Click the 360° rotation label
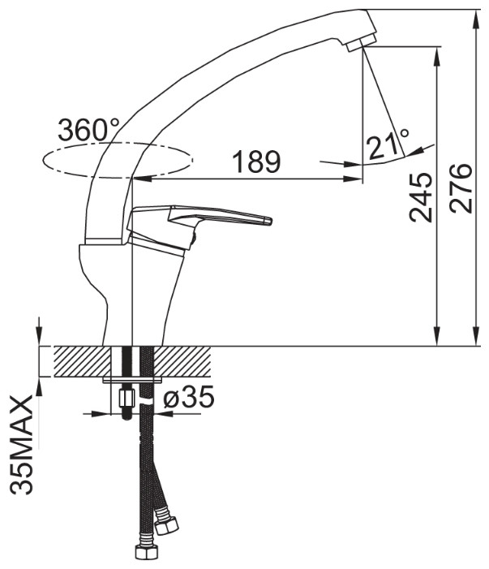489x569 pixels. [x=88, y=130]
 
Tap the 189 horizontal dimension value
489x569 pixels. [x=256, y=162]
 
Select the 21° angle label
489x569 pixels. [x=388, y=144]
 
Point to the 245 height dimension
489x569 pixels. [x=421, y=197]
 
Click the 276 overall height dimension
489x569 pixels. [x=461, y=188]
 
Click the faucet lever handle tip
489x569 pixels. [x=268, y=221]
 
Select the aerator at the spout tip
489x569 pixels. [x=361, y=42]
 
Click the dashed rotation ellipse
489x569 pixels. [x=117, y=160]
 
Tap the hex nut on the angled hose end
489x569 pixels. [x=166, y=521]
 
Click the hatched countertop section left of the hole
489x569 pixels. [x=82, y=361]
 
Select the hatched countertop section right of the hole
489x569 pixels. [x=182, y=361]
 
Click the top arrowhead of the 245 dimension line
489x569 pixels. [x=437, y=55]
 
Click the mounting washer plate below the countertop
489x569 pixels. [x=132, y=380]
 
